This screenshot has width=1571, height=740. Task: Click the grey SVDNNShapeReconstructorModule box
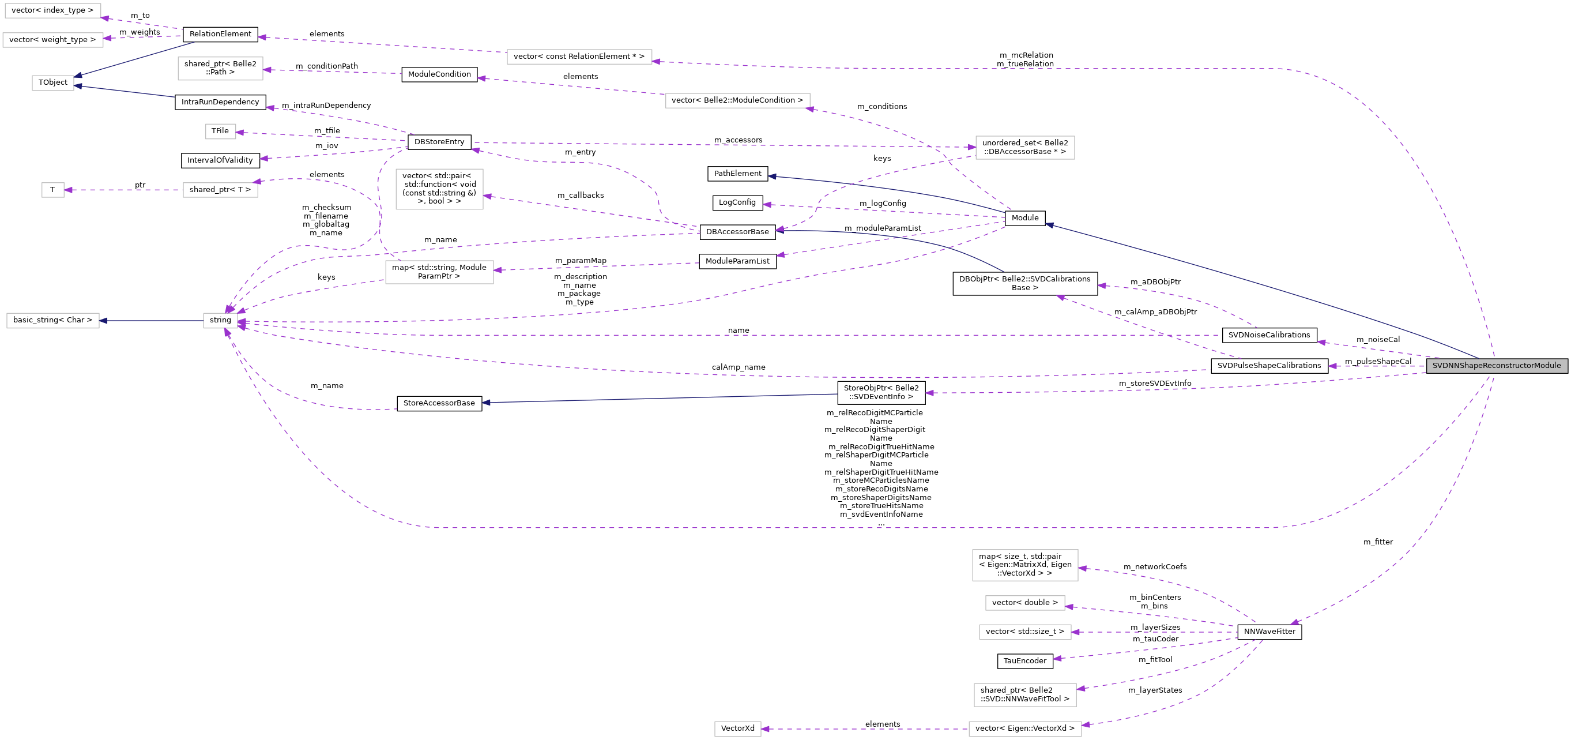[1496, 366]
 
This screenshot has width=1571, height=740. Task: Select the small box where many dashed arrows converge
[220, 321]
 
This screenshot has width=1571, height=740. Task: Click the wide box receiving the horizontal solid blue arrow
[53, 321]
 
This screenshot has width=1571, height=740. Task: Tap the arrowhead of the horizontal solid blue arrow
[104, 321]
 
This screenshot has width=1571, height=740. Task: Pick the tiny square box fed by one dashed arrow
[53, 190]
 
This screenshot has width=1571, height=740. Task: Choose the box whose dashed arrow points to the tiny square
[220, 190]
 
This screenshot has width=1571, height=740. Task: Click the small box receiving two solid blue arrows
[53, 83]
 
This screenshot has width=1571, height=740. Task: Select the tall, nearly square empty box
[439, 189]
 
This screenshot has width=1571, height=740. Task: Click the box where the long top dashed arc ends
[579, 57]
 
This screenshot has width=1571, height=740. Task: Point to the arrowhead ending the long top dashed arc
[656, 61]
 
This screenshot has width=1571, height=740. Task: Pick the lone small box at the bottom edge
[737, 729]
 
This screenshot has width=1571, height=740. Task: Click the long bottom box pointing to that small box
[1024, 729]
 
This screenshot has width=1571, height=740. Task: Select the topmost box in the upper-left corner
[53, 11]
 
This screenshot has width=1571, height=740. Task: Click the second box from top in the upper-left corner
[53, 40]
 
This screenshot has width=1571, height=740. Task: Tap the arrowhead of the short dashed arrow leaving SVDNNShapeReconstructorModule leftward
[1332, 366]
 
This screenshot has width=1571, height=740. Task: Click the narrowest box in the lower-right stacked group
[1024, 603]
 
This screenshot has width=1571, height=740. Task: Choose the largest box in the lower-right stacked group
[1024, 565]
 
